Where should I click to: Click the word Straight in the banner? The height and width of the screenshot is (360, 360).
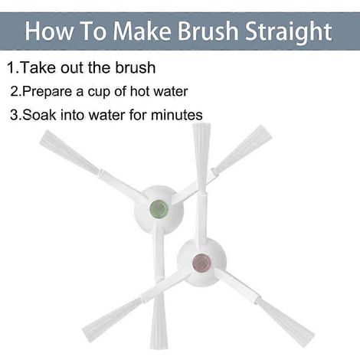288,32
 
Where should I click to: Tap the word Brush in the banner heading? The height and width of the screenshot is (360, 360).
208,31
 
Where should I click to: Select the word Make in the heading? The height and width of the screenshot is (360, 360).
142,31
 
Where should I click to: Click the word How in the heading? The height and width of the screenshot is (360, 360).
49,31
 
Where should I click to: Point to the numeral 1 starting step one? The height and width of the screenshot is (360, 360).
11,67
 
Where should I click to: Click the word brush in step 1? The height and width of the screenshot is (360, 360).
135,67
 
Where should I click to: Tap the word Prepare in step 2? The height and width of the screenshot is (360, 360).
47,92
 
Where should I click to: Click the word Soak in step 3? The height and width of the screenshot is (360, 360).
39,115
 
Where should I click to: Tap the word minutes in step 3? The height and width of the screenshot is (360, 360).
177,115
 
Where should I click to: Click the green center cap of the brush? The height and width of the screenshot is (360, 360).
159,209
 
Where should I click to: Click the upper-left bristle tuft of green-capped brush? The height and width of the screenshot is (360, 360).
70,152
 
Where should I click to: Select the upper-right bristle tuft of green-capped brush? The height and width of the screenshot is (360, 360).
242,149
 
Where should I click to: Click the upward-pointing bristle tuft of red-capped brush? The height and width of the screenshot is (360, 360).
201,159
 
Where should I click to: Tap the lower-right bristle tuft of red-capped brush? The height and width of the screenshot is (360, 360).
286,322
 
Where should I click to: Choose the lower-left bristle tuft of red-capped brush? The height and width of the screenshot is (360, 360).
113,319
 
